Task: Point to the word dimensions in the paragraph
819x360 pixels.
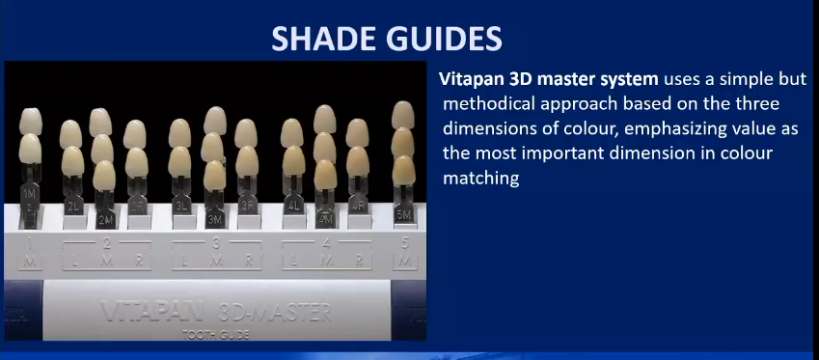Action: (487, 127)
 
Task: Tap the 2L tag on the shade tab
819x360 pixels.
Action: (71, 207)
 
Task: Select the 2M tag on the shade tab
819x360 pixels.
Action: (104, 219)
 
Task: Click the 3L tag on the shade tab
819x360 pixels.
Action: (180, 207)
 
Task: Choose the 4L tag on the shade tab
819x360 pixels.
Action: (292, 207)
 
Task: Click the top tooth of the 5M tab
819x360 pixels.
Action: (402, 113)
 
